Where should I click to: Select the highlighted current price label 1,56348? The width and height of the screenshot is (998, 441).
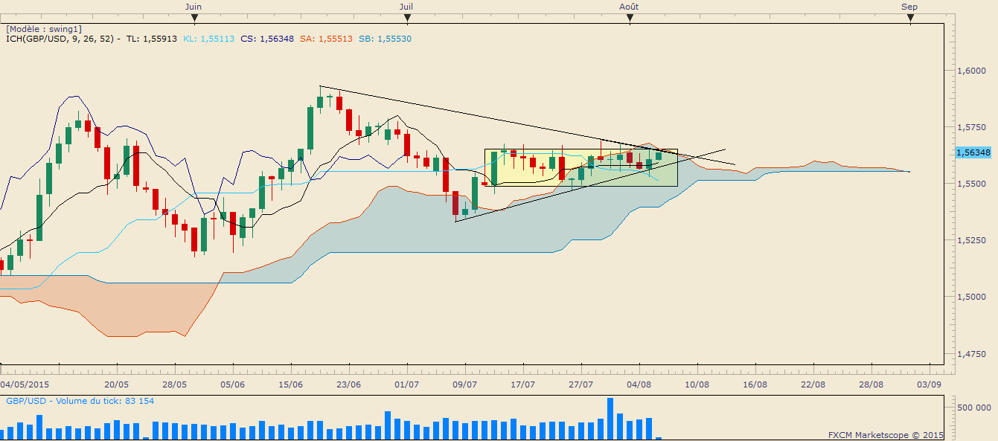[973, 152]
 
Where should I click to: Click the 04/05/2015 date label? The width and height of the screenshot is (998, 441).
[25, 384]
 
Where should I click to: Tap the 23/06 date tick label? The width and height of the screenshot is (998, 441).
[348, 384]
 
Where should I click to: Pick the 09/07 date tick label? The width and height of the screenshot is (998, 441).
[465, 384]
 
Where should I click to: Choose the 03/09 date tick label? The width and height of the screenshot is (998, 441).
[929, 384]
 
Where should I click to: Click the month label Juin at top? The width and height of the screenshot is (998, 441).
[193, 7]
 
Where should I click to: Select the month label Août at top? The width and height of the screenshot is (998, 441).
[629, 7]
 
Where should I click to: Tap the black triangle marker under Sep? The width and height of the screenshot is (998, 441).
[910, 19]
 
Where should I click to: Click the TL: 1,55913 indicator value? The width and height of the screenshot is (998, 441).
[152, 39]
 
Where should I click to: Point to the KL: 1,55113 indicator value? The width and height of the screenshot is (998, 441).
[208, 39]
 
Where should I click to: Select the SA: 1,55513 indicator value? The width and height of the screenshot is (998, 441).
[326, 39]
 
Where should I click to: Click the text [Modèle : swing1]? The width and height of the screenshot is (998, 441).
[44, 29]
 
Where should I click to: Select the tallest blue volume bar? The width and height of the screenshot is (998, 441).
[610, 419]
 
